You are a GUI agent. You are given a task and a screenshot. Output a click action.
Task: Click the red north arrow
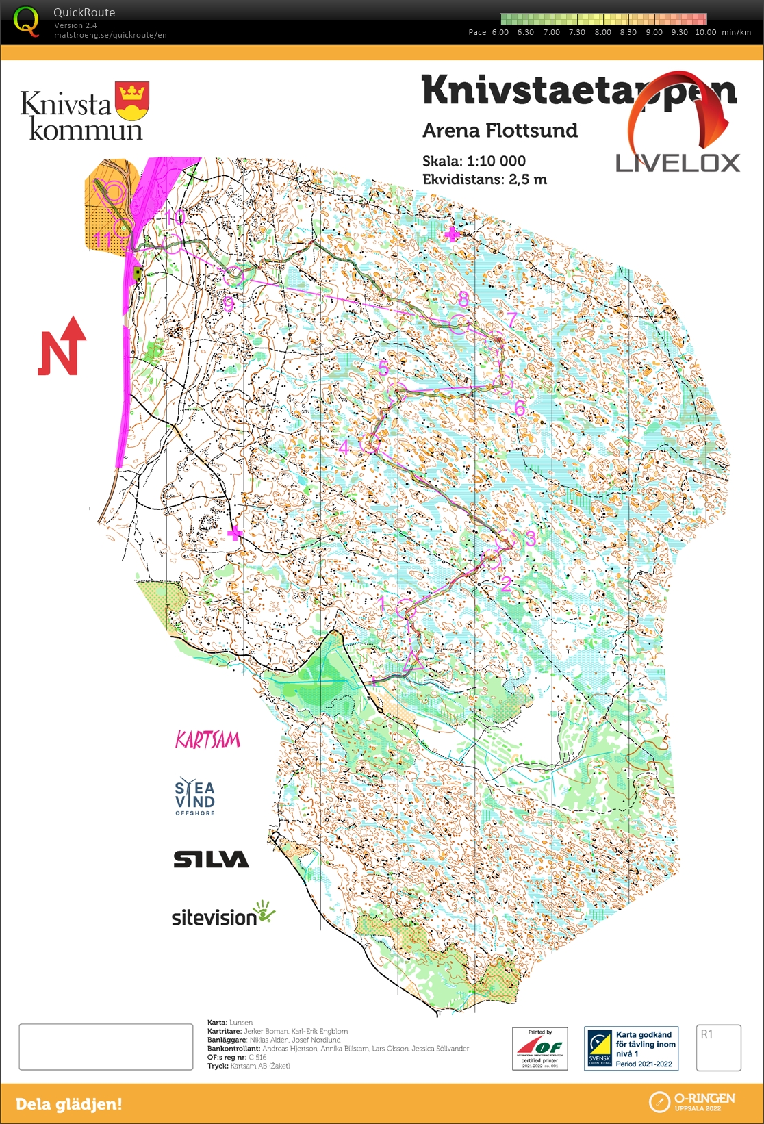point(62,347)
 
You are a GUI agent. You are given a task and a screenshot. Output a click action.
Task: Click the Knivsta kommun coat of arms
point(132,101)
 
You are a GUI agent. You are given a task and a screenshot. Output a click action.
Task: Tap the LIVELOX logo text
point(677,163)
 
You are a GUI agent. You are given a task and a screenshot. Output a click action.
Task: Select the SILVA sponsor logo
point(211,859)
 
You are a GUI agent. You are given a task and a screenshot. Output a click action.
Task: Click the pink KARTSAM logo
point(208,740)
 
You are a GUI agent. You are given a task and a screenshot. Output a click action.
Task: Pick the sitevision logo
point(222,915)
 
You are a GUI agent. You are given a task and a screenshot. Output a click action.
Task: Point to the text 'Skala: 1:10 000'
point(474,162)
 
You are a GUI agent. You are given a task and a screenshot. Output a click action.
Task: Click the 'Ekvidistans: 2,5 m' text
point(484,180)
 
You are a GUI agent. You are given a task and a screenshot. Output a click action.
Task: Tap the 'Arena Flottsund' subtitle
point(500,131)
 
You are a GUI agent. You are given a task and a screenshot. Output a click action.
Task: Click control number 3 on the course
point(530,538)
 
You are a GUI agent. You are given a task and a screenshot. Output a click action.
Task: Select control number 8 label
point(463,299)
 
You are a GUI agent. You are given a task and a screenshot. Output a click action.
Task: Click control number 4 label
point(344,448)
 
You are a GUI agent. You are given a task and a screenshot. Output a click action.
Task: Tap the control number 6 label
point(520,409)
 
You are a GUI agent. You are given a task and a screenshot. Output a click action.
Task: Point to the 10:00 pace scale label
point(705,32)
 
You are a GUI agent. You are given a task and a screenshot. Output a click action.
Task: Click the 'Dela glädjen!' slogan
point(68,1103)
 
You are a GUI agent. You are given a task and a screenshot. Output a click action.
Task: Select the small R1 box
point(718,1047)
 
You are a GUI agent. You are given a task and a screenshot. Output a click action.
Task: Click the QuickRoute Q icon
point(26,22)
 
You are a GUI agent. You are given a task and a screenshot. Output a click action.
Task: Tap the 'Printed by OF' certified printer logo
point(539,1048)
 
